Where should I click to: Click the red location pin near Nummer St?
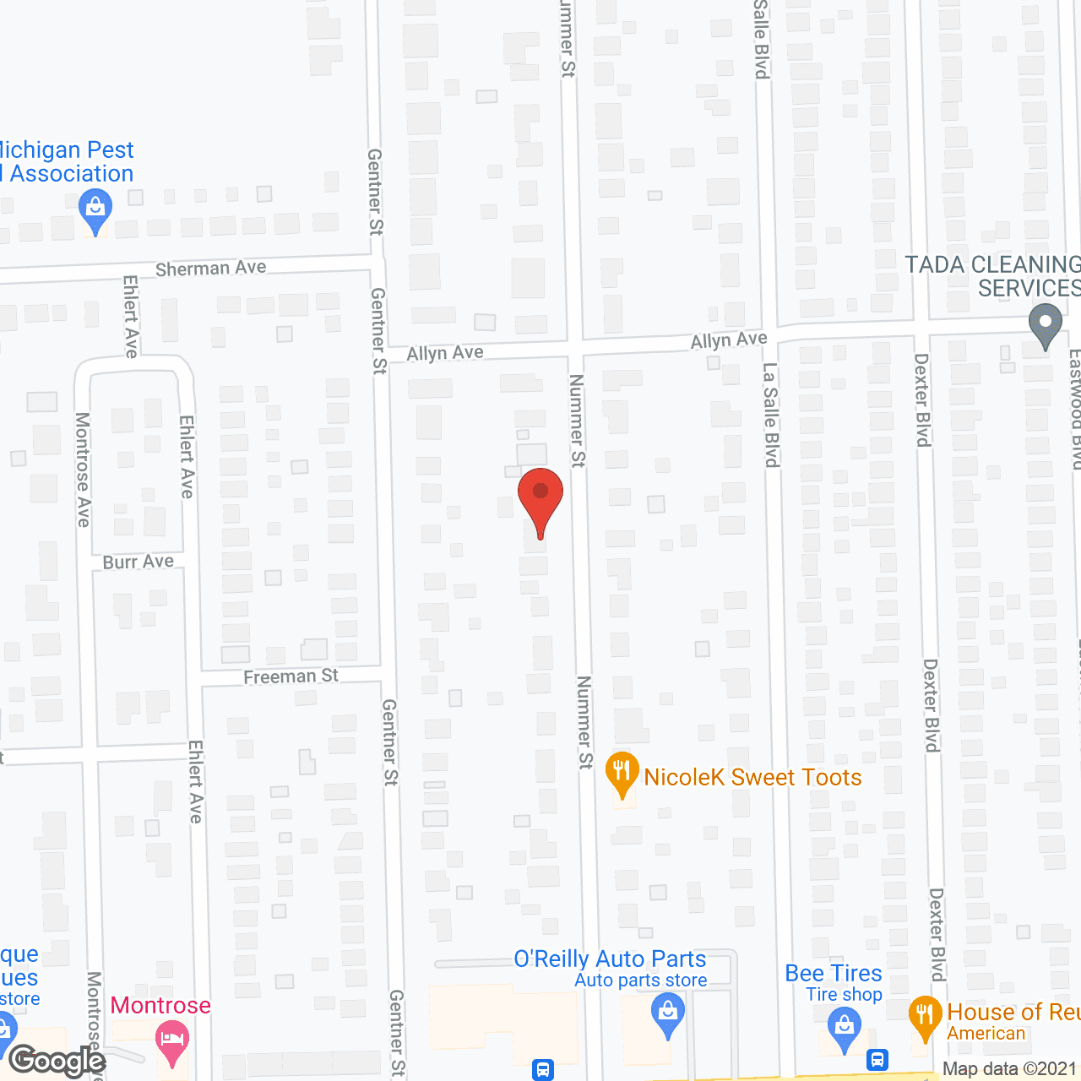pos(540,494)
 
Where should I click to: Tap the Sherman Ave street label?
pos(211,269)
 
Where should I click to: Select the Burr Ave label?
pos(139,562)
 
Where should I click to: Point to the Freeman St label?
pos(291,676)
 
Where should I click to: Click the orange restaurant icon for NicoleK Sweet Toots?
pos(622,771)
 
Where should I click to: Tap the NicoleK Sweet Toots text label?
pos(752,777)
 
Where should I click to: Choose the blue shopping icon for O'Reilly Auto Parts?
pos(668,1013)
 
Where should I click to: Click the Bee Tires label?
pos(834,974)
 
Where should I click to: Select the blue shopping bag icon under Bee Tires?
pos(844,1029)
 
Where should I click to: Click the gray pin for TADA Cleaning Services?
pos(1046,324)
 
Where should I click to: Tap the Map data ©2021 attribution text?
pos(1010,1068)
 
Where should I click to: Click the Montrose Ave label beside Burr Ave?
pos(83,470)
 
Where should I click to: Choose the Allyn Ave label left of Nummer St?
pos(445,353)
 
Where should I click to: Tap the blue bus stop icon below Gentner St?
pos(543,1069)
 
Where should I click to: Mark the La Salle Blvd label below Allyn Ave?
pos(770,415)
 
